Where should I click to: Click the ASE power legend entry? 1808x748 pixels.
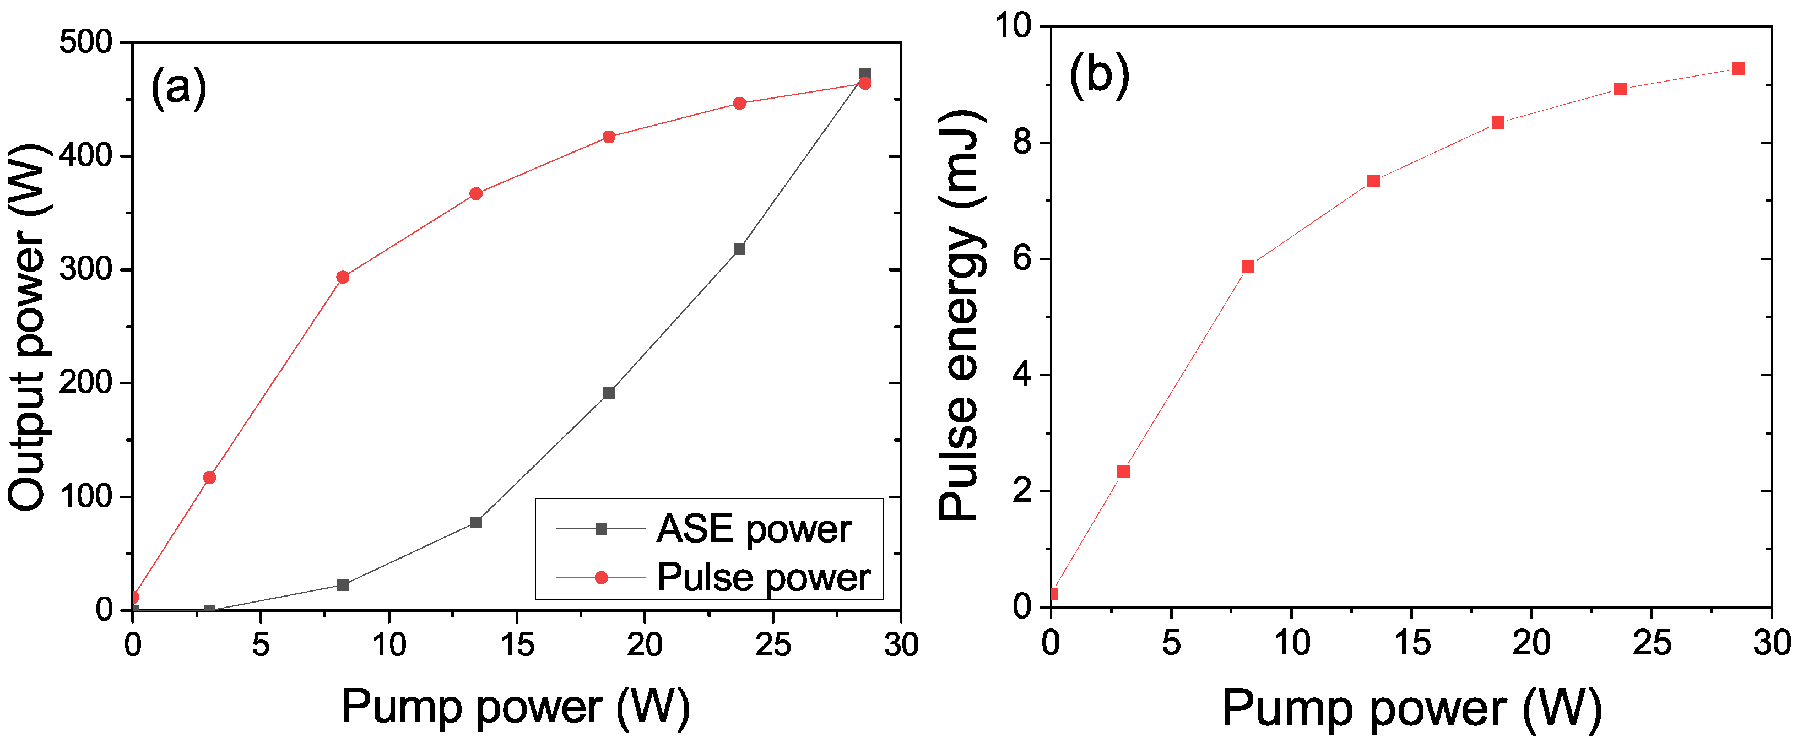click(x=753, y=529)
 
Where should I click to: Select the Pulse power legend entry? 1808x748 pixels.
click(x=763, y=577)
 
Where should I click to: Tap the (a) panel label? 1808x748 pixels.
click(x=179, y=87)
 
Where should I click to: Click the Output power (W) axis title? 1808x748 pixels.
click(x=26, y=327)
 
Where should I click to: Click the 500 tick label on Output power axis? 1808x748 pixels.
click(x=85, y=43)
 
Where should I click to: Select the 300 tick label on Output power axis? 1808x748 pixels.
click(x=85, y=269)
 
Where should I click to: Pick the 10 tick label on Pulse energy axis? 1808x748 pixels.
click(x=1014, y=26)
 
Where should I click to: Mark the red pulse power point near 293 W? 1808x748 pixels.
click(x=343, y=277)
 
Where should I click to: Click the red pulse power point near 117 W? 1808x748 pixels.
click(x=209, y=478)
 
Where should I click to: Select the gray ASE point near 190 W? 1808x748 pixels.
click(x=609, y=393)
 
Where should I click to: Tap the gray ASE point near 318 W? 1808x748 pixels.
click(x=739, y=249)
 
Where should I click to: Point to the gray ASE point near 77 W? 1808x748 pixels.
click(x=476, y=522)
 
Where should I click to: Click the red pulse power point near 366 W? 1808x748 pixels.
click(x=476, y=194)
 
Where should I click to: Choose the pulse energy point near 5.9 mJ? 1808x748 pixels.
click(x=1247, y=267)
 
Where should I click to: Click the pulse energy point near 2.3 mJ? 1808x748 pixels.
click(x=1123, y=471)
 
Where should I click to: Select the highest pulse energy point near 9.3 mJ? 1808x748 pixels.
click(x=1738, y=69)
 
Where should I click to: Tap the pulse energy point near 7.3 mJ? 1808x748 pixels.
click(x=1373, y=181)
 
